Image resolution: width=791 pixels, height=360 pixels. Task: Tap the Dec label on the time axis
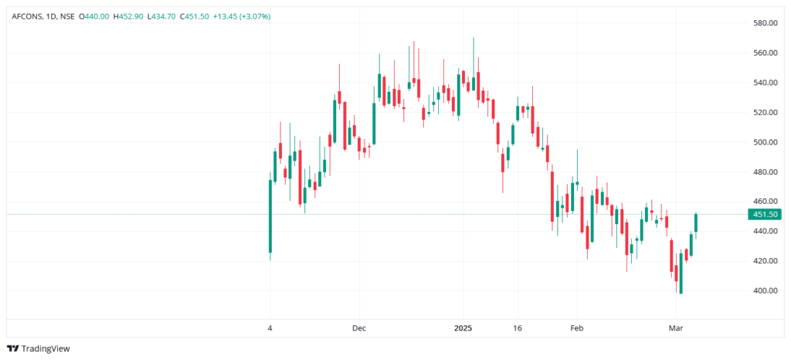click(358, 328)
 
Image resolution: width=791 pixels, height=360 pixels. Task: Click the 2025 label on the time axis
click(463, 328)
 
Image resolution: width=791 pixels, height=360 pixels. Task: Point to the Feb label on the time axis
click(576, 328)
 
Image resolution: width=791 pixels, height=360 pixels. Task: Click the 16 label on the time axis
click(518, 328)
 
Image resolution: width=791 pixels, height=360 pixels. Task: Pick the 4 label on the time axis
click(270, 328)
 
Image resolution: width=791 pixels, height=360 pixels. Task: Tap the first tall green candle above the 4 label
click(270, 216)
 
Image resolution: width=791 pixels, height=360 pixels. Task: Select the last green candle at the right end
click(696, 222)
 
